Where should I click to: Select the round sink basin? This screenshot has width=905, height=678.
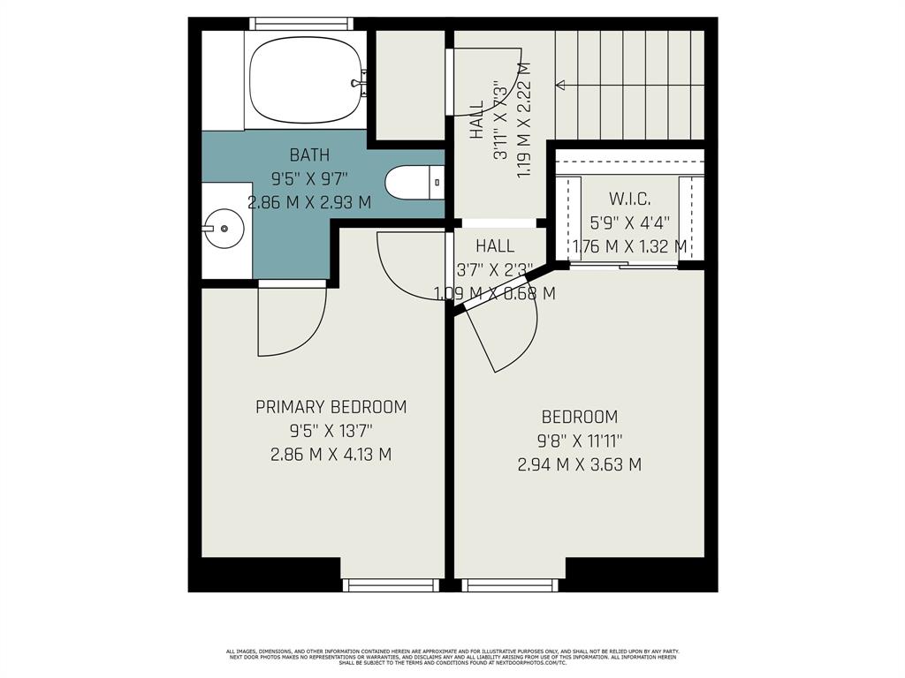click(x=224, y=230)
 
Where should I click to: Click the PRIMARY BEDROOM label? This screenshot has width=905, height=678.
click(x=331, y=407)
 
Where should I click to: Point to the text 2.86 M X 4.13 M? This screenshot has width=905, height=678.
click(x=331, y=455)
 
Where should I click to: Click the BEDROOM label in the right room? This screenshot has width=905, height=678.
click(x=580, y=417)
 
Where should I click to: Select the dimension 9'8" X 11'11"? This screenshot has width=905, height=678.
click(x=580, y=441)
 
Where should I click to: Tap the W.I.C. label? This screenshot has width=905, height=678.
click(x=630, y=200)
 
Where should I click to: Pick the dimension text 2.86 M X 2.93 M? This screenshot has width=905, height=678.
click(x=309, y=202)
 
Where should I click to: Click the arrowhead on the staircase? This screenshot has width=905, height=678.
click(x=560, y=85)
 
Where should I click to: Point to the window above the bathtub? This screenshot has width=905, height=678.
click(x=300, y=24)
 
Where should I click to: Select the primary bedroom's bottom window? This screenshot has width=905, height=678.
click(x=390, y=584)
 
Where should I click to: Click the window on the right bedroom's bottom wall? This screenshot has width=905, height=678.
click(x=510, y=584)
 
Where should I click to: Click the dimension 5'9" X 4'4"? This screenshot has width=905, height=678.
click(x=630, y=223)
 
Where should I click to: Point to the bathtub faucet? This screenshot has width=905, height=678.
click(x=359, y=84)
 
